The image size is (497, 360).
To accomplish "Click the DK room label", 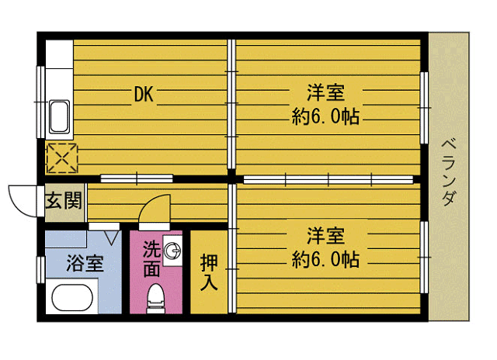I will pyautogui.click(x=144, y=95).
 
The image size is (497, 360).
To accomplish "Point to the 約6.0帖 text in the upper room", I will pyautogui.click(x=325, y=118).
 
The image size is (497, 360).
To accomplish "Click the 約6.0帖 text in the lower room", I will pyautogui.click(x=325, y=259).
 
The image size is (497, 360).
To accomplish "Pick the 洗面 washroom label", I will pyautogui.click(x=152, y=259).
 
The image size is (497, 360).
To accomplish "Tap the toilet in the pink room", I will pyautogui.click(x=157, y=299).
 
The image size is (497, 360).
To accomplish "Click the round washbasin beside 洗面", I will pyautogui.click(x=173, y=251).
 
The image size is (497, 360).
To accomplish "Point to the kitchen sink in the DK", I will pyautogui.click(x=59, y=117).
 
